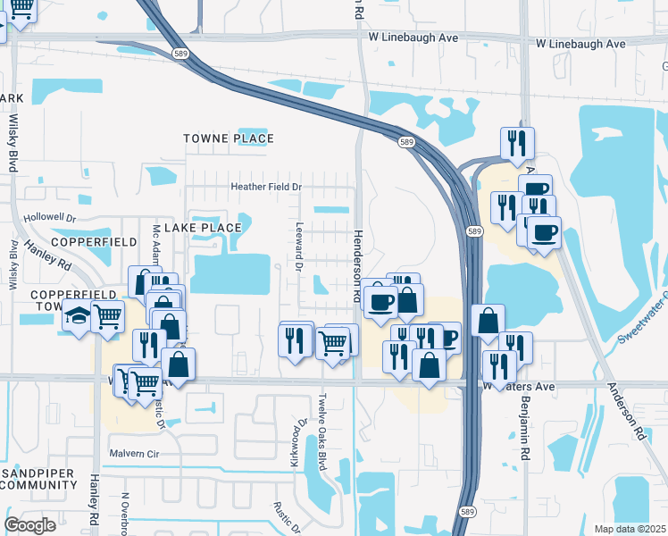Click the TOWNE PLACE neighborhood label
click(228, 138)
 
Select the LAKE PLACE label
click(203, 228)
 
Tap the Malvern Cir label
click(133, 453)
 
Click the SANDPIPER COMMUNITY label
click(39, 478)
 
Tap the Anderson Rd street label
click(626, 411)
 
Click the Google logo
click(30, 525)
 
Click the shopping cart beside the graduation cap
click(108, 314)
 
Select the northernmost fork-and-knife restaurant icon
click(517, 142)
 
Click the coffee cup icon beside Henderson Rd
click(380, 299)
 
